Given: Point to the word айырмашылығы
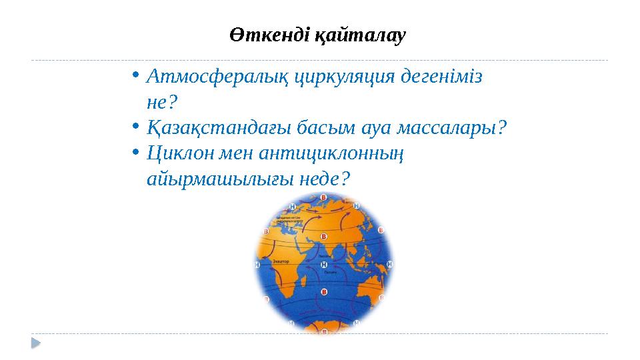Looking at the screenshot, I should click(x=215, y=178).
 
